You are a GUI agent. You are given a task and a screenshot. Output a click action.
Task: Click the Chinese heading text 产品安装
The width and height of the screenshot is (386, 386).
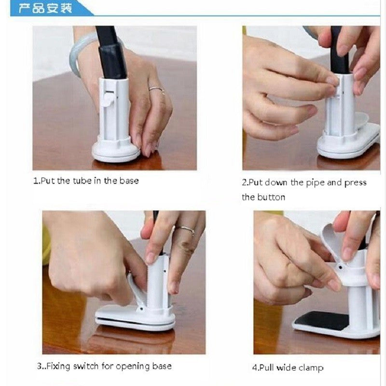coord(45,8)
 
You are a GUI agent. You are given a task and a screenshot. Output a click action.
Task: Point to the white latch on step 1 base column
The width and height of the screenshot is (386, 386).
coord(108,98)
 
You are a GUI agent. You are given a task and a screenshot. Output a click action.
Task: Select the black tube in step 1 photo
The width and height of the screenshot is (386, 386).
coord(111,53)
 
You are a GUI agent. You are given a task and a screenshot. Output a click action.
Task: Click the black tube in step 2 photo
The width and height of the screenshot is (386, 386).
coord(339,51)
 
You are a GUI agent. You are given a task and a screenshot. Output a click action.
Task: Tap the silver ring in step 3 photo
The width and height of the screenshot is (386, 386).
coord(185,230)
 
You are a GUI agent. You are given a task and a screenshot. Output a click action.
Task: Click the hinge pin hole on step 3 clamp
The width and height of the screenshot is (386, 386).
coord(141,308)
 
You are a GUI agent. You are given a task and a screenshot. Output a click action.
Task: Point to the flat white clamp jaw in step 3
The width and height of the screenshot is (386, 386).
coord(135,317)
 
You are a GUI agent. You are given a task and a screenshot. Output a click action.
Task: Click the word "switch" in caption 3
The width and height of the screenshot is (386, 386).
coord(86,366)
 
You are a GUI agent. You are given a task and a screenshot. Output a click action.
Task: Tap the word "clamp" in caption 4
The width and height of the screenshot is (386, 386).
coord(311,368)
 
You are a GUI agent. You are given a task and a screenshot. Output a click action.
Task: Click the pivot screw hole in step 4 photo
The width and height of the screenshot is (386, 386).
coord(340,267)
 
